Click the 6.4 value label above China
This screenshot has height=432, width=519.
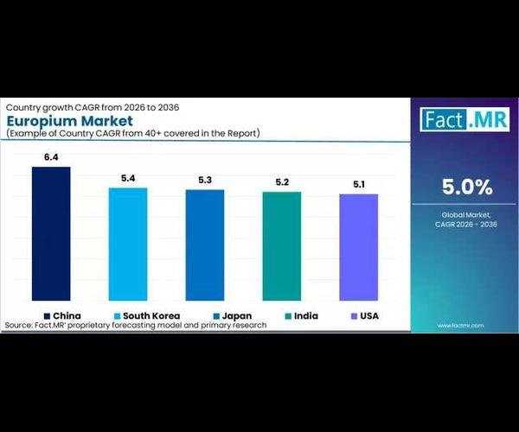(x=51, y=158)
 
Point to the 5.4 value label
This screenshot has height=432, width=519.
(x=128, y=179)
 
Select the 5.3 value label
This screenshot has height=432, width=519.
(x=205, y=181)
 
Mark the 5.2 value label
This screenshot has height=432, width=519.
(x=282, y=182)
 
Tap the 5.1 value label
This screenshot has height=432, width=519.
(x=358, y=185)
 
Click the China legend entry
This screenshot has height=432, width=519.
(x=61, y=315)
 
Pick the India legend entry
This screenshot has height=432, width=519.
(x=305, y=315)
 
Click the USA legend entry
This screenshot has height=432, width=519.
(x=369, y=315)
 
